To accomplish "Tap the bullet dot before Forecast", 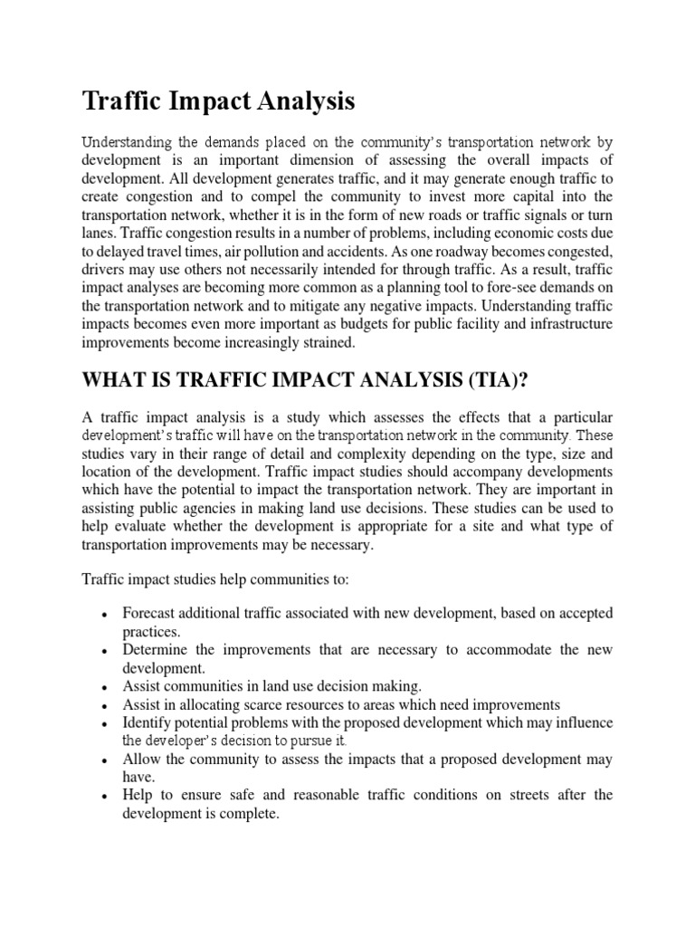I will (106, 615).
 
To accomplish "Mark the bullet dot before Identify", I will (106, 723).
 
